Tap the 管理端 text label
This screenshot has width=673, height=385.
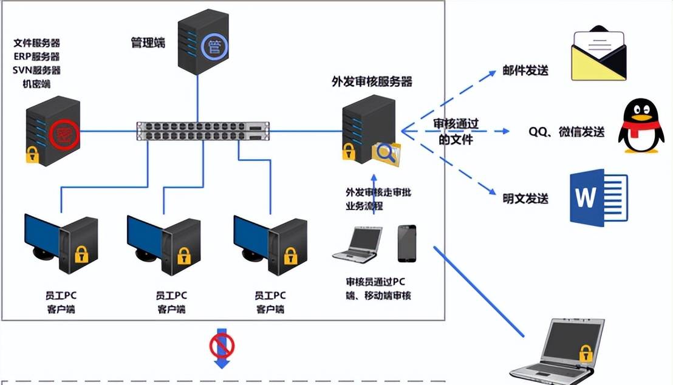pos(148,43)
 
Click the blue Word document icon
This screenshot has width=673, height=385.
pos(598,197)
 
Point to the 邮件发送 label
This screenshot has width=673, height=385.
pos(525,71)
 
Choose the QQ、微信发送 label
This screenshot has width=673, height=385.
pos(567,132)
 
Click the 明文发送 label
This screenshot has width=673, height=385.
pos(525,199)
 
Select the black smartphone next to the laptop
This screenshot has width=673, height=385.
pos(407,244)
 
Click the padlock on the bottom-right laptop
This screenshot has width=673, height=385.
pos(585,352)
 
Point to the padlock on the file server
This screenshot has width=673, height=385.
pos(32,155)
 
